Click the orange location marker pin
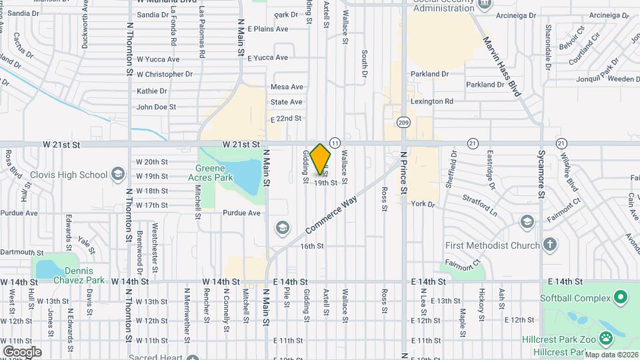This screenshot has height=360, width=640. click(321, 159)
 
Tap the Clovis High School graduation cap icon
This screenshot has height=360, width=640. click(118, 175)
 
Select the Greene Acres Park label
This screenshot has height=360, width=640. click(215, 173)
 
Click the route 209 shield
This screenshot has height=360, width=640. click(403, 123)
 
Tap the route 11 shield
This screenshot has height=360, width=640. click(335, 143)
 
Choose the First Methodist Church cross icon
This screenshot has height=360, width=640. click(550, 245)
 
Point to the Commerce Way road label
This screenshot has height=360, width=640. click(331, 214)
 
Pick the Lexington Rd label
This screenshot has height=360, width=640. click(432, 101)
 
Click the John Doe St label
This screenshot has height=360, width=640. click(156, 107)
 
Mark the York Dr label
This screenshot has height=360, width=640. click(423, 204)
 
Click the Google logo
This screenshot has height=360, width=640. click(22, 351)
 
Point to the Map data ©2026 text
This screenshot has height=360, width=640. click(610, 355)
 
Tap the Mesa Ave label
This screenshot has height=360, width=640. click(287, 87)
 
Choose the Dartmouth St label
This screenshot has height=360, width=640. click(21, 252)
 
